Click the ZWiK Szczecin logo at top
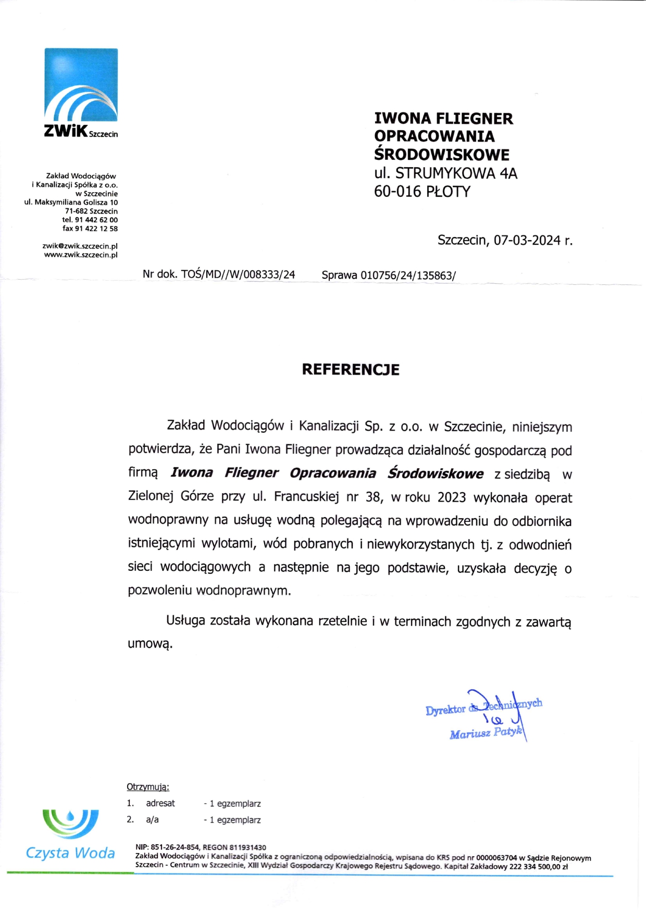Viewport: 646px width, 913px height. point(81,93)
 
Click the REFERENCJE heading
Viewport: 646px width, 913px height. point(351,370)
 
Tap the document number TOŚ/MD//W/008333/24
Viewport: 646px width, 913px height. point(238,274)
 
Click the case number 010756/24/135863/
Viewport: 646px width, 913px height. point(408,276)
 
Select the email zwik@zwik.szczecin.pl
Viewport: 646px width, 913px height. point(80,246)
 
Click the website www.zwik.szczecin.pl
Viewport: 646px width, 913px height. point(81,255)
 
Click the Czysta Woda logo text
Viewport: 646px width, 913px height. point(70,853)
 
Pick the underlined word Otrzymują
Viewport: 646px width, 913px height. point(147,787)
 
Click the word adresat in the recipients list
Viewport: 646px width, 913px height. point(160,804)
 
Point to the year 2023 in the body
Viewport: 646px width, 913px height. point(451,497)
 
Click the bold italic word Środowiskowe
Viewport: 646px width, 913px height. point(435,473)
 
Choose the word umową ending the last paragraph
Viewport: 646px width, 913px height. point(150,644)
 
